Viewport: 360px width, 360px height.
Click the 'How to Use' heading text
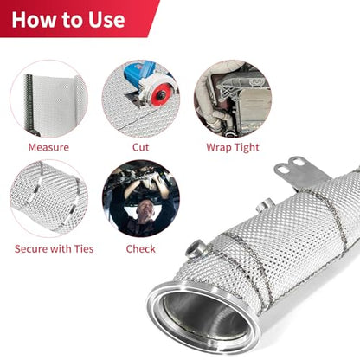point(68,20)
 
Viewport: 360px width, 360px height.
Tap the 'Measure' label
point(48,147)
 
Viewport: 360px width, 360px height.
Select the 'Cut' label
point(140,147)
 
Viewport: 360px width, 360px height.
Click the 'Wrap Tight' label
point(233,148)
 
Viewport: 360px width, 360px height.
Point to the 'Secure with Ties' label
point(55,249)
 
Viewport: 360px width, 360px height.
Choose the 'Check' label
point(141,249)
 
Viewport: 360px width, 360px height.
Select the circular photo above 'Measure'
point(48,99)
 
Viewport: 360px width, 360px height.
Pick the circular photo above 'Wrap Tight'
point(233,99)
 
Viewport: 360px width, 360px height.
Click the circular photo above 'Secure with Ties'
point(48,199)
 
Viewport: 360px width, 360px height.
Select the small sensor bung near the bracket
point(265,205)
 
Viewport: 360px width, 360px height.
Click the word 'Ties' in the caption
point(84,249)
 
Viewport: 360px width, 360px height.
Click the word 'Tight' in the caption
point(247,148)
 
